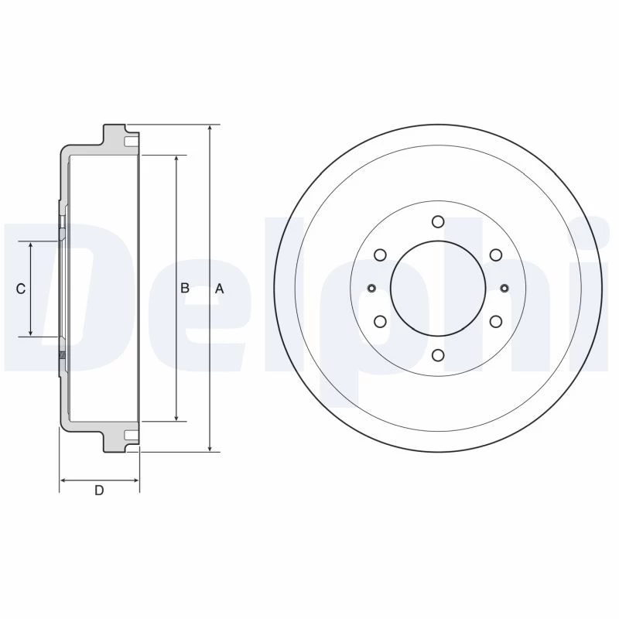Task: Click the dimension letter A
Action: click(220, 289)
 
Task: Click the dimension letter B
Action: click(185, 288)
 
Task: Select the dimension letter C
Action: click(21, 289)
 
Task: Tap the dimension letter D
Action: click(99, 491)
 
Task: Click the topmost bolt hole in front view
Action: click(438, 221)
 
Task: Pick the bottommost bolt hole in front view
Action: click(438, 355)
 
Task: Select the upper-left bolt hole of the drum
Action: click(380, 255)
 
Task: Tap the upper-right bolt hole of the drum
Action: click(496, 255)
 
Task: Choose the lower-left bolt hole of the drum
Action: click(380, 322)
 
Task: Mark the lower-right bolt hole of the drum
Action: click(496, 322)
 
